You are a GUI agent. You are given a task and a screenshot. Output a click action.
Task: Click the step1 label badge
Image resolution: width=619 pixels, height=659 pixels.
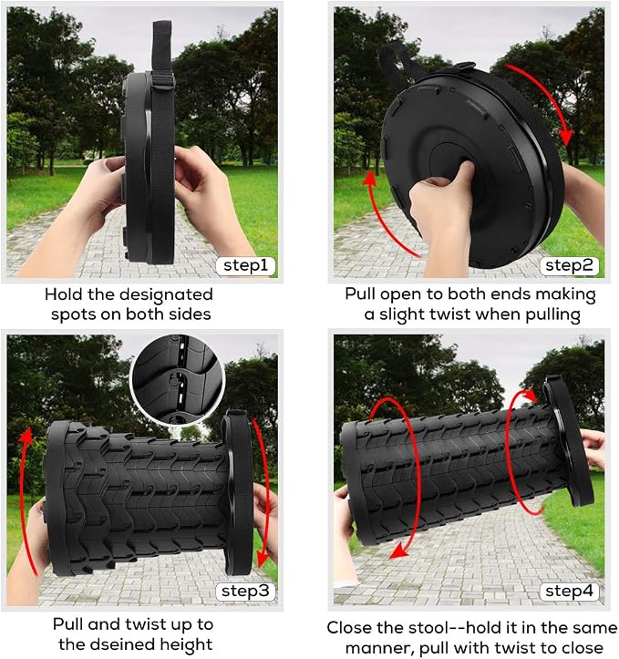[x=246, y=265]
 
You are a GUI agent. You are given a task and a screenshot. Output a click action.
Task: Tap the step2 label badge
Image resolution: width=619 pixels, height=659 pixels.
[x=569, y=265]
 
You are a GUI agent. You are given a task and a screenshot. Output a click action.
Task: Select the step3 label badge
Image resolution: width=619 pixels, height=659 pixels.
[x=246, y=591]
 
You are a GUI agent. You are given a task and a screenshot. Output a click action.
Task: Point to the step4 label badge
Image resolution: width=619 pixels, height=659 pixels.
[x=569, y=591]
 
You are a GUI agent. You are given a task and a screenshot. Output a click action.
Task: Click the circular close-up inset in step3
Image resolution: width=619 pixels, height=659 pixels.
[x=178, y=380]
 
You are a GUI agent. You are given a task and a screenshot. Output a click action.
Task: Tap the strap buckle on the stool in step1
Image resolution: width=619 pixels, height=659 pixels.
[x=163, y=81]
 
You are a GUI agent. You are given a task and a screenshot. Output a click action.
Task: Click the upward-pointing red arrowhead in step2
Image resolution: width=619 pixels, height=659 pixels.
[x=370, y=179]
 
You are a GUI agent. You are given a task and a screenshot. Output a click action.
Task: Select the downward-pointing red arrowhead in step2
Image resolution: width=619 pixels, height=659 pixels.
[x=567, y=138]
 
